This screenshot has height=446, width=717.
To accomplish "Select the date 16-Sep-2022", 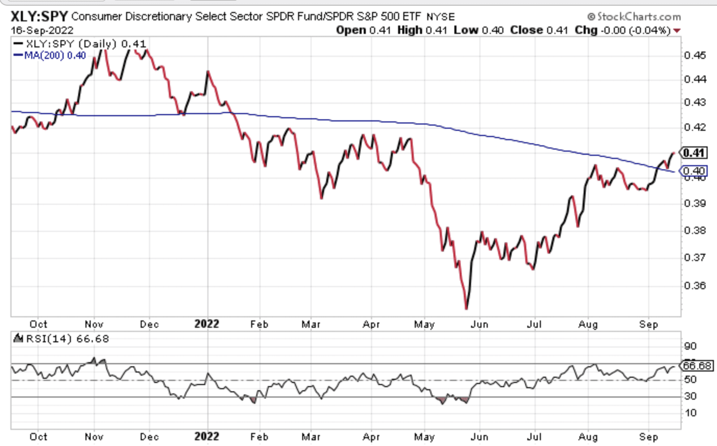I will pyautogui.click(x=42, y=30).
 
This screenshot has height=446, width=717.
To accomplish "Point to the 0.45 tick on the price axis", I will pyautogui.click(x=695, y=55).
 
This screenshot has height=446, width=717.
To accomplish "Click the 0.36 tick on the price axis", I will pyautogui.click(x=695, y=286).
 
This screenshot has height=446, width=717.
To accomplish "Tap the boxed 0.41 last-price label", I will pyautogui.click(x=695, y=153).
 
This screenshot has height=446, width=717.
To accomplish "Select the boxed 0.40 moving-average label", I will pyautogui.click(x=695, y=171).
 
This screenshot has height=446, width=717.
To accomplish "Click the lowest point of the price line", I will pyautogui.click(x=466, y=309).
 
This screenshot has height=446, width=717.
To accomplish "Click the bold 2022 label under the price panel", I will pyautogui.click(x=207, y=324).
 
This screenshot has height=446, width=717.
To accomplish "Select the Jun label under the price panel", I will pyautogui.click(x=479, y=324).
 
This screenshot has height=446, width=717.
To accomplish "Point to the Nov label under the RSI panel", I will pyautogui.click(x=93, y=436).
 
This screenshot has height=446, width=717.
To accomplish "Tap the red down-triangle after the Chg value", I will pyautogui.click(x=677, y=31).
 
